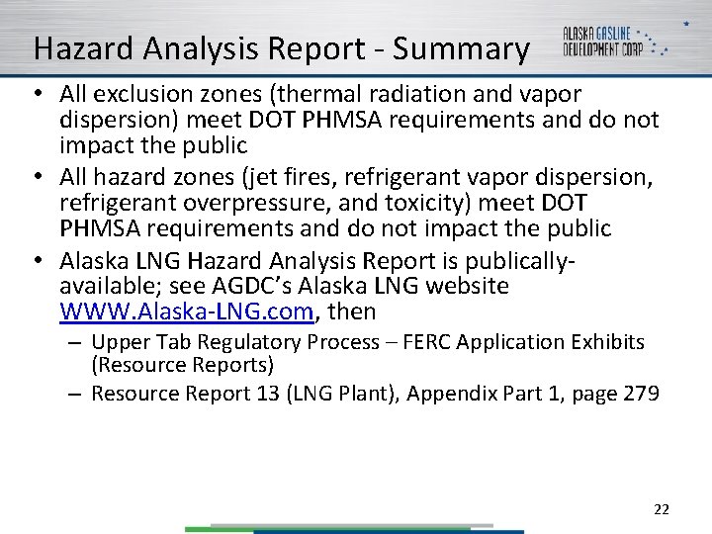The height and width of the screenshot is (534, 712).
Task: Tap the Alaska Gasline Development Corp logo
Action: click(x=614, y=41)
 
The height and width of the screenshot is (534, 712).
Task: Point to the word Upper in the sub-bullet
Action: click(x=119, y=342)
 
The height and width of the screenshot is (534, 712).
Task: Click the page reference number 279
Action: click(x=641, y=394)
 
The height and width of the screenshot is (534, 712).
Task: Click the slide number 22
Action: click(x=662, y=510)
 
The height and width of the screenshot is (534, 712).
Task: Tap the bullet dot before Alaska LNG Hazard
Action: click(x=38, y=261)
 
